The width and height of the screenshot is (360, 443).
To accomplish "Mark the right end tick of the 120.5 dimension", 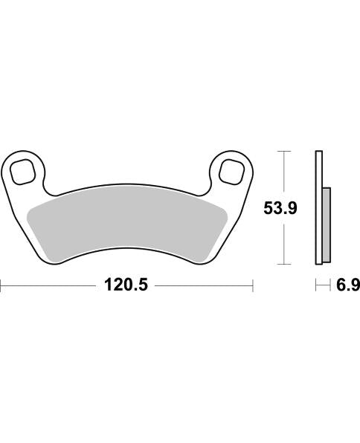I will (254, 285).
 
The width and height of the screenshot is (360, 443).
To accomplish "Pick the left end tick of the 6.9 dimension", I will (316, 285).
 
